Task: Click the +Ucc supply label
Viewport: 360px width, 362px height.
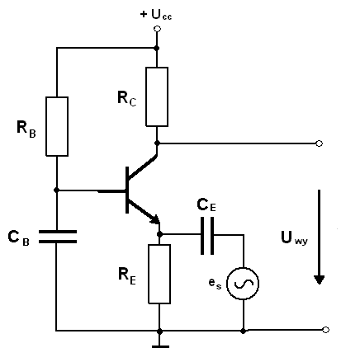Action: tap(156, 15)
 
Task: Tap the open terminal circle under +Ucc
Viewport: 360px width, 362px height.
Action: tap(157, 29)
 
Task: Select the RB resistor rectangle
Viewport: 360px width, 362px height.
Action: tap(57, 126)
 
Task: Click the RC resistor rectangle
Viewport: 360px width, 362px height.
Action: tap(157, 96)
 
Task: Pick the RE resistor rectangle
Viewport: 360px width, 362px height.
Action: tap(159, 274)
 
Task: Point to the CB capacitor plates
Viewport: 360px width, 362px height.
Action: tap(58, 237)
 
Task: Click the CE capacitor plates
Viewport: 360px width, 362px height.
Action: tap(207, 236)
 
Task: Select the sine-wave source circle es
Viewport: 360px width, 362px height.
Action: tap(243, 284)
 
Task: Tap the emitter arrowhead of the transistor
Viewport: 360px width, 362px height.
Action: tap(154, 219)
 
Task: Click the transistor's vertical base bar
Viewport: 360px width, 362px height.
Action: tap(127, 190)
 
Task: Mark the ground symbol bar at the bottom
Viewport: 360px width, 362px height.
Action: tap(160, 346)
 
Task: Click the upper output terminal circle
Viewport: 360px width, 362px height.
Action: tap(319, 143)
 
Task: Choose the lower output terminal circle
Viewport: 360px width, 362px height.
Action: tap(325, 330)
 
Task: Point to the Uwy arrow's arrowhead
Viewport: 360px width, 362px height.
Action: tap(319, 280)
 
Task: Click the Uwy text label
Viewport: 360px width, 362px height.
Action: tap(294, 237)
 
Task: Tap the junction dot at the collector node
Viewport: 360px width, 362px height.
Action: tap(157, 143)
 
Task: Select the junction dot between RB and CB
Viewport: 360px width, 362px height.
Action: tap(57, 190)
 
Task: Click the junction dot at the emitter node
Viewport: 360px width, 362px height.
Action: tap(159, 234)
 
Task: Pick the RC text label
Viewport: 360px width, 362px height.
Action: tap(126, 98)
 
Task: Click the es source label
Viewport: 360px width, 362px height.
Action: tap(215, 283)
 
